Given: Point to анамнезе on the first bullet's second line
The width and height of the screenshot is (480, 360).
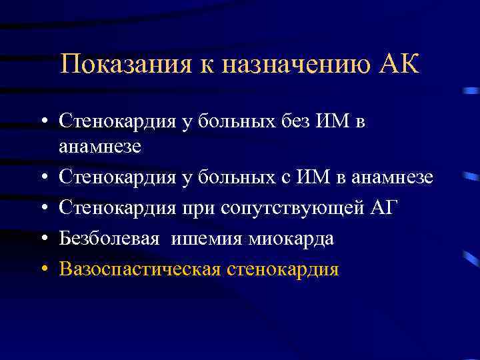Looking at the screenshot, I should click(100, 146).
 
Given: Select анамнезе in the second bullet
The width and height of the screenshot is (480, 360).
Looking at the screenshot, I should click(395, 177).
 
